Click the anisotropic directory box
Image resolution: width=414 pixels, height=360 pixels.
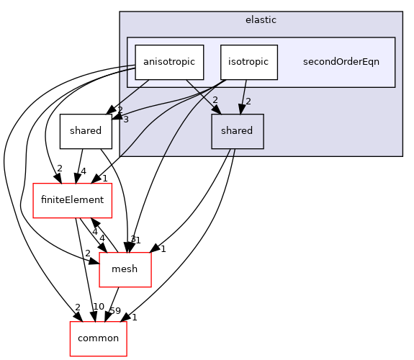(x=169, y=62)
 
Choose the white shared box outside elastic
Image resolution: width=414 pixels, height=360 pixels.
(x=86, y=131)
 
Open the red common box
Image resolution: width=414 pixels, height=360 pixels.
(x=98, y=338)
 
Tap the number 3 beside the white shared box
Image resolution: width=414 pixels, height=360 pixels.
(x=125, y=120)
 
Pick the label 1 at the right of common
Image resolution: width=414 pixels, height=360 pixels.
(x=135, y=317)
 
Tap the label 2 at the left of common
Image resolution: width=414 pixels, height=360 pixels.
(x=78, y=308)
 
